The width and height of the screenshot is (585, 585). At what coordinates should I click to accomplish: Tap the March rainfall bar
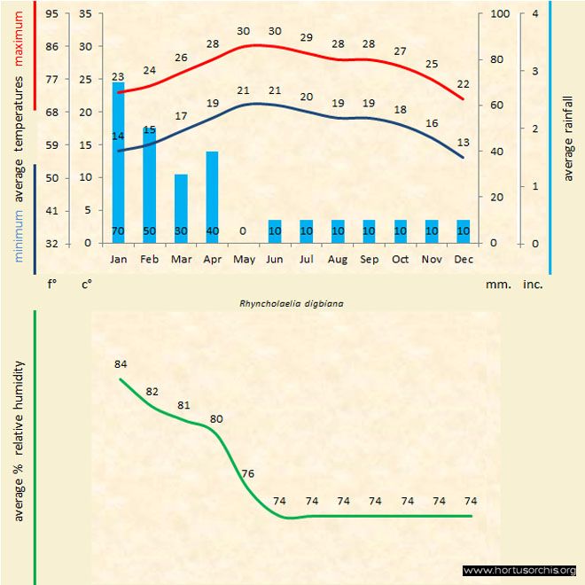(x=181, y=208)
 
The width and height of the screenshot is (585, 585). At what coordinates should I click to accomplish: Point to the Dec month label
(x=463, y=260)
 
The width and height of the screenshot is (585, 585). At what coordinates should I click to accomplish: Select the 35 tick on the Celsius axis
(x=85, y=14)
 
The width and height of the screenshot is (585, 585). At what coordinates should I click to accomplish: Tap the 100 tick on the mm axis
(x=500, y=14)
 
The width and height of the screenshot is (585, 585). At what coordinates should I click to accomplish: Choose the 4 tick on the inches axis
(x=535, y=14)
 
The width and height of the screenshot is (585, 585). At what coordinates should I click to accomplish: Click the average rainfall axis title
(x=568, y=137)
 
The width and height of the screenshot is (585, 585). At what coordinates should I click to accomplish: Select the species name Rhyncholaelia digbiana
(x=292, y=302)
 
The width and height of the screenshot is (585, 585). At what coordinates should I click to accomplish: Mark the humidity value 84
(x=121, y=364)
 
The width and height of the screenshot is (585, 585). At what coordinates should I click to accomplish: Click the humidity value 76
(x=247, y=473)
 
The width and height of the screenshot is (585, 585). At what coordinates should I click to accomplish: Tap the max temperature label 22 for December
(x=463, y=83)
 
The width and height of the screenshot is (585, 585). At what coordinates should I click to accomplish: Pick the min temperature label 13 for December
(x=463, y=142)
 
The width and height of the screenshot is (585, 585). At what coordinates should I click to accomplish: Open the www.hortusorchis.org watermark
(x=519, y=570)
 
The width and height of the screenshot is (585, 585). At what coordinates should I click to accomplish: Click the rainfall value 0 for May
(x=243, y=231)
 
